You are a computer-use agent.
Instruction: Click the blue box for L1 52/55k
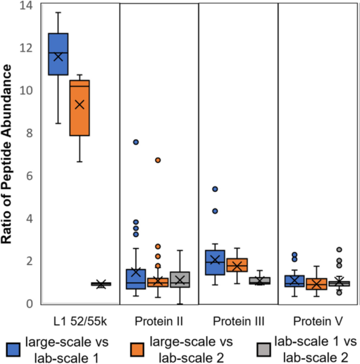pyautogui.click(x=58, y=54)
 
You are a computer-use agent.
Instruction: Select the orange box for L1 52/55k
pyautogui.click(x=79, y=108)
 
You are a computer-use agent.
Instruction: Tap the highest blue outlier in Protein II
pyautogui.click(x=136, y=142)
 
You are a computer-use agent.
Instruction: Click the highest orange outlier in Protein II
pyautogui.click(x=158, y=160)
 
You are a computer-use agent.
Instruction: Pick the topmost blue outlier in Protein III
pyautogui.click(x=215, y=189)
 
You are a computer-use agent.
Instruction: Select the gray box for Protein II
pyautogui.click(x=180, y=280)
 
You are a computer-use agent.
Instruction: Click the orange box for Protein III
pyautogui.click(x=237, y=265)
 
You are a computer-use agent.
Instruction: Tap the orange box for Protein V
pyautogui.click(x=316, y=284)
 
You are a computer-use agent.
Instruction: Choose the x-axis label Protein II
pyautogui.click(x=159, y=322)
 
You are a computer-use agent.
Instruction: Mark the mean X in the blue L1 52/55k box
pyautogui.click(x=58, y=57)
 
